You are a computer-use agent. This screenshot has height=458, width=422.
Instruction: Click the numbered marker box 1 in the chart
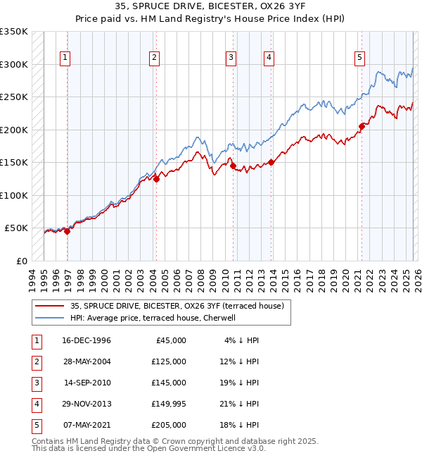(x=65, y=58)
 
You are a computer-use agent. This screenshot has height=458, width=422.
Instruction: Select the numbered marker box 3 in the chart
(x=231, y=58)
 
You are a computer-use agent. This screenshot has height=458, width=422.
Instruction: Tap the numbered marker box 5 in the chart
(x=359, y=58)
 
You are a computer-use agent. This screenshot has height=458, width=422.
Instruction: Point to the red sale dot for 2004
(x=156, y=179)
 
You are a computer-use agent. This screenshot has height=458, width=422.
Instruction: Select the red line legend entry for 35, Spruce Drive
(x=177, y=307)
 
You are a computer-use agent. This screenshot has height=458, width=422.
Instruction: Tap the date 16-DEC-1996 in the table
(x=87, y=340)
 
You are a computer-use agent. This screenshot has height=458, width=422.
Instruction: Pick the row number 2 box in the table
(x=35, y=361)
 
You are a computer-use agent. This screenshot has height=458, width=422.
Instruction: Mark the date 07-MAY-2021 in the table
(x=87, y=425)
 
